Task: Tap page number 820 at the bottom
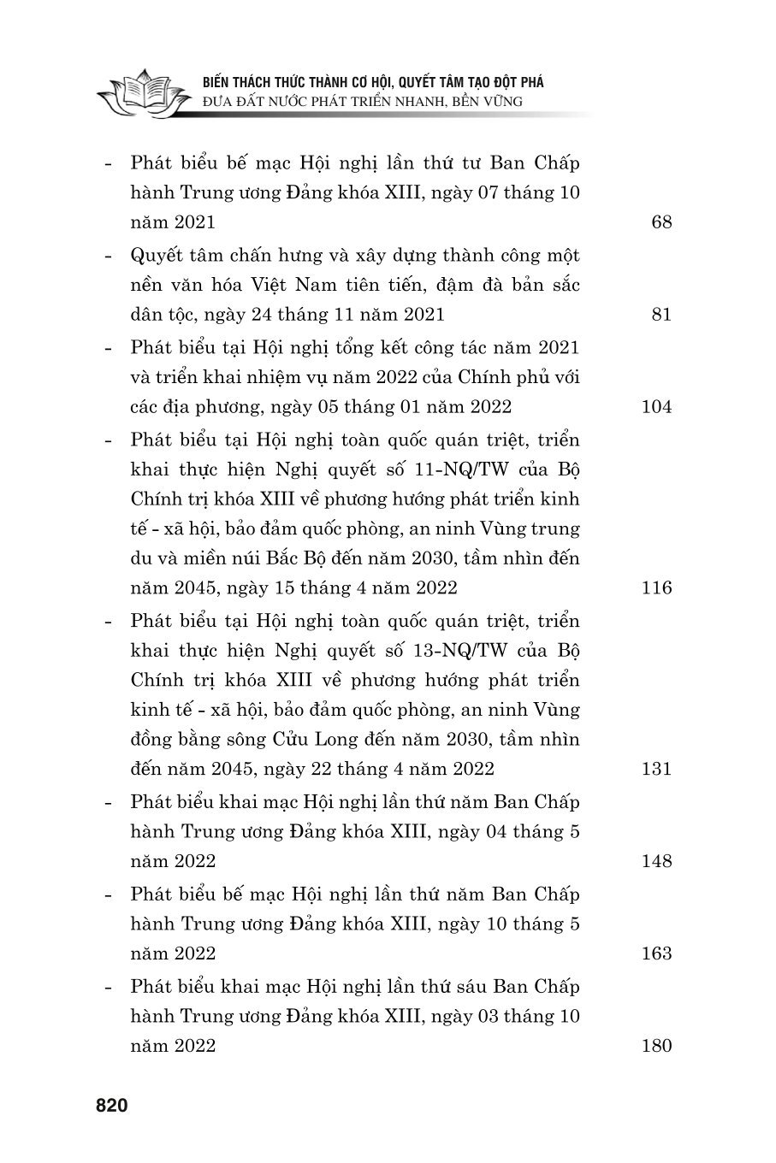pos(111,1106)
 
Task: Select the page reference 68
pos(661,222)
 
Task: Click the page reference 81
pos(661,315)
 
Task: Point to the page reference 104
pos(656,407)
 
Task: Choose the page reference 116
pos(656,587)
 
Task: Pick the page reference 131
pos(656,768)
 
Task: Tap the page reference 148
pos(656,860)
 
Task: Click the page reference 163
pos(656,953)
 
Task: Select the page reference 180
pos(656,1045)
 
